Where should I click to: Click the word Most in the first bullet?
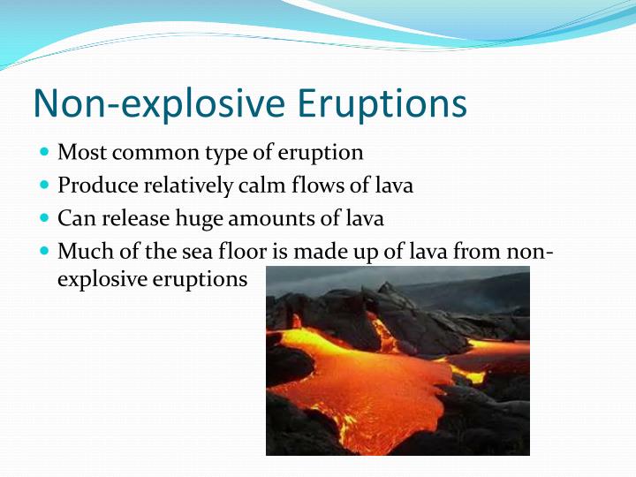point(79,153)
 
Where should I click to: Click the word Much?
point(80,251)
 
